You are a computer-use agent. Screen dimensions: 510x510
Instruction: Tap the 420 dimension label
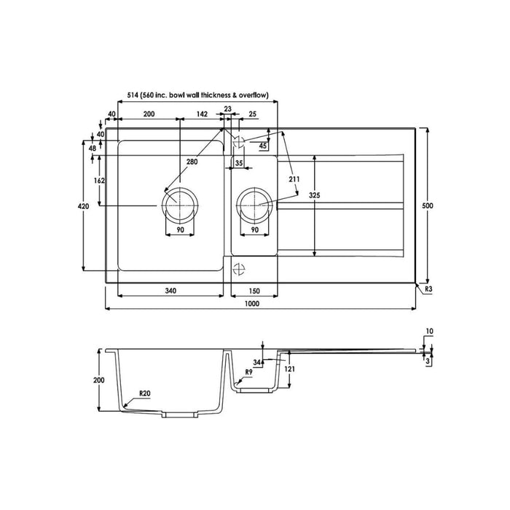(83, 207)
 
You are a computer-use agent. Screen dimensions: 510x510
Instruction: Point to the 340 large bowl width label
(170, 291)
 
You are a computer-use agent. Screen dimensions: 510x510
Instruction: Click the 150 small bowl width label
(254, 291)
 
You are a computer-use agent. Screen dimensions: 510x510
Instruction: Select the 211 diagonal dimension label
(294, 180)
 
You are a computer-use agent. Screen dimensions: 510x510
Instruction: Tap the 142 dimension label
(203, 114)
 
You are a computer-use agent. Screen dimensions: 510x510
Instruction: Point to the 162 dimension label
(100, 181)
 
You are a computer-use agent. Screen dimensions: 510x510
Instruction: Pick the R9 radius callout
(248, 372)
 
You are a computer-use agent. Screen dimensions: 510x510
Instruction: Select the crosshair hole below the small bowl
(238, 267)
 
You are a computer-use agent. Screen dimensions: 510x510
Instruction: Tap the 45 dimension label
(263, 146)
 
